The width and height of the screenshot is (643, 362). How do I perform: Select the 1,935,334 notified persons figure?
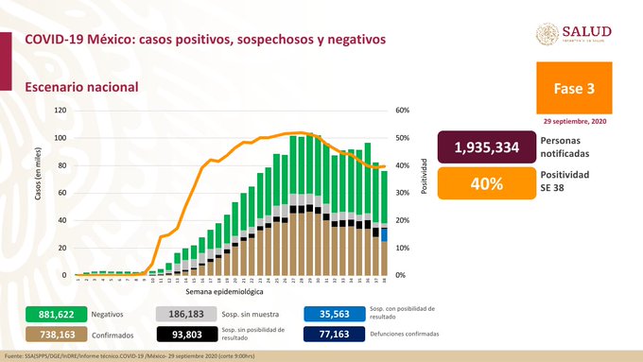(x=485, y=149)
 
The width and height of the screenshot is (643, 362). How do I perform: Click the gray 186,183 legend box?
(x=184, y=313)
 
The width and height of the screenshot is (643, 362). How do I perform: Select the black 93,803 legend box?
(x=184, y=335)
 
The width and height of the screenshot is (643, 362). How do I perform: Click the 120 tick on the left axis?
(x=60, y=111)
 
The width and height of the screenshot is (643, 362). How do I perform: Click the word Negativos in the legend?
(x=110, y=313)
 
